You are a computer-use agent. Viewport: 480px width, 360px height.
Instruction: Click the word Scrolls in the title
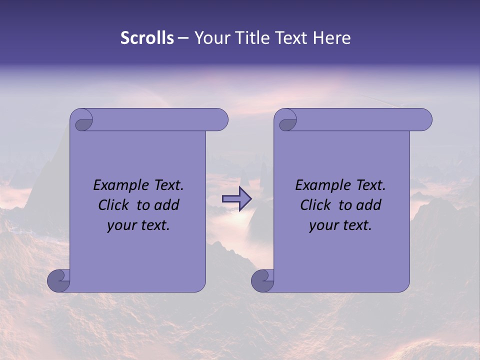click(x=147, y=38)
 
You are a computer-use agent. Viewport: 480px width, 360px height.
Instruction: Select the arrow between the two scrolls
click(x=236, y=199)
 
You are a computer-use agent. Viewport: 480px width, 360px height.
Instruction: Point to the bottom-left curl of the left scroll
click(x=58, y=280)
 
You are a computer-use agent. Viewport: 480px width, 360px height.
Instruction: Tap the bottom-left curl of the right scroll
click(x=262, y=280)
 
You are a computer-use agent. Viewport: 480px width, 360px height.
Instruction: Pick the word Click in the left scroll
click(x=114, y=205)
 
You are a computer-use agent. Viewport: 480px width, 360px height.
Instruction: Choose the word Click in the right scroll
click(x=316, y=205)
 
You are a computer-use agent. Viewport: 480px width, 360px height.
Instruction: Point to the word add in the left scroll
click(x=166, y=205)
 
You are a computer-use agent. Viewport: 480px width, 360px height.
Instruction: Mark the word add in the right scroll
click(x=368, y=205)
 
